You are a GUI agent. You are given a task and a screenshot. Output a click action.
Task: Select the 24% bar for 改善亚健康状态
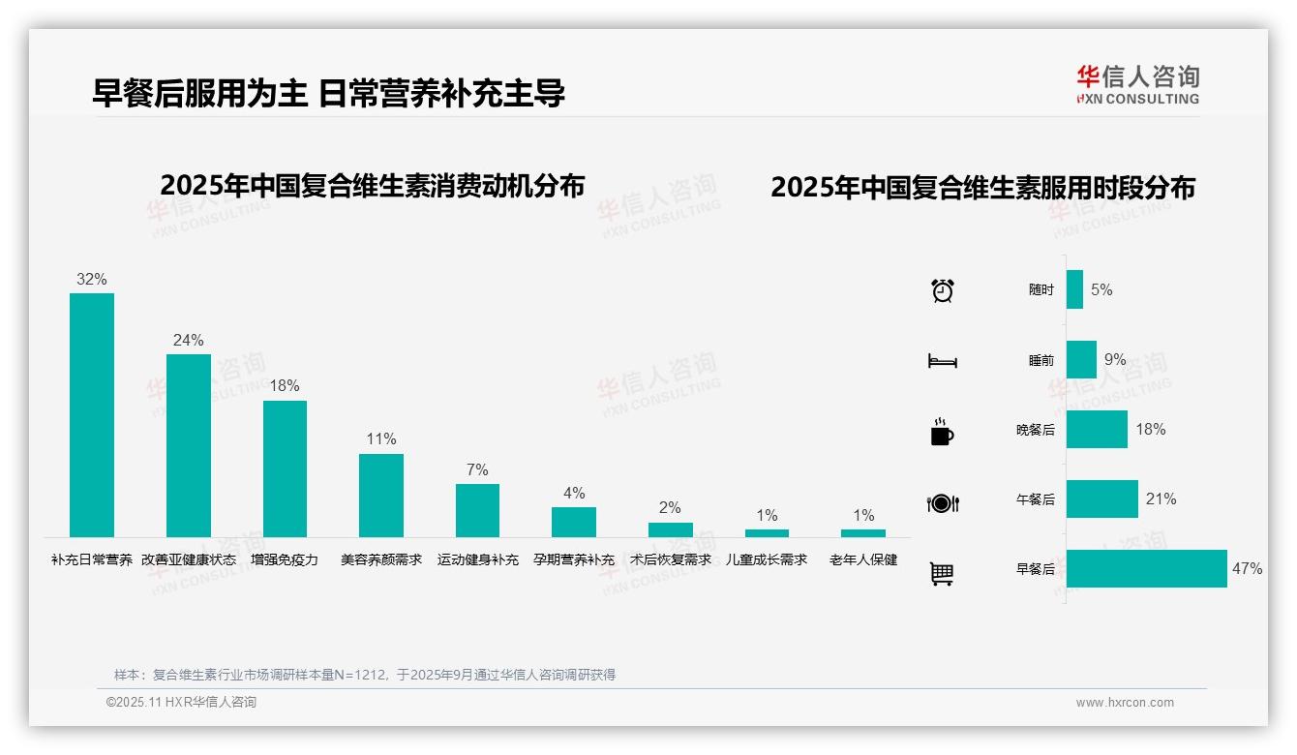(188, 445)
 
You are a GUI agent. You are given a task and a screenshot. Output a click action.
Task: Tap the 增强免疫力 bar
(285, 468)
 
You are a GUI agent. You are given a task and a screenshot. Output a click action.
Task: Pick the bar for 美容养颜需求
(381, 495)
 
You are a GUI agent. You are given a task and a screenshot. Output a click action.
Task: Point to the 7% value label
(477, 469)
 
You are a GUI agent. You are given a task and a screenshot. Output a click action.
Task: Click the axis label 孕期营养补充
(574, 559)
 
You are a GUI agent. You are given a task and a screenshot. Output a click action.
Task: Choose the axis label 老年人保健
(863, 559)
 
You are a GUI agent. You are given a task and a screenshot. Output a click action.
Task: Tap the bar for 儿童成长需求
(767, 532)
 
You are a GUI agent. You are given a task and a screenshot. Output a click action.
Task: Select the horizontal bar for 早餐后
(1146, 568)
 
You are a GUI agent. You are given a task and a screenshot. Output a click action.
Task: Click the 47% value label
(1247, 568)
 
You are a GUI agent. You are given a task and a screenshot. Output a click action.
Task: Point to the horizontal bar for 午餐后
(1101, 498)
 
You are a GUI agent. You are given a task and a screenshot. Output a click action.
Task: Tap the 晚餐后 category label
(1035, 430)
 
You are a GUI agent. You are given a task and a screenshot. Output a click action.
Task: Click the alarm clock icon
(942, 290)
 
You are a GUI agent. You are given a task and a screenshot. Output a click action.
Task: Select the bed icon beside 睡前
(942, 361)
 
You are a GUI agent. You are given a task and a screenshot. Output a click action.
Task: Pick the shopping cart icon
(942, 573)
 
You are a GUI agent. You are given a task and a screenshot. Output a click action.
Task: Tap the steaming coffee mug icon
(942, 433)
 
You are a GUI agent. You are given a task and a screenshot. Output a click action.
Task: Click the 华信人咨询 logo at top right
(1137, 85)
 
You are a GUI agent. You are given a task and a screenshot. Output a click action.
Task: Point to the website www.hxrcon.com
(1125, 703)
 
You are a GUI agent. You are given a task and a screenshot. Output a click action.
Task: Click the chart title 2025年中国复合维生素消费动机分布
(373, 186)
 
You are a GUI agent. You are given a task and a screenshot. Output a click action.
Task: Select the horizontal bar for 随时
(1074, 289)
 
